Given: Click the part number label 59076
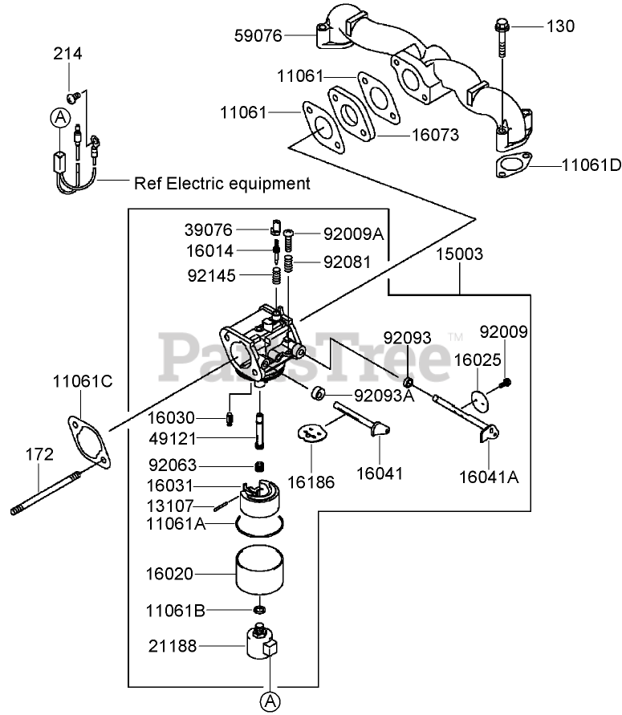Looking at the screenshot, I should pos(258,35).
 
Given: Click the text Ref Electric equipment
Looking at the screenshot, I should pos(222,183).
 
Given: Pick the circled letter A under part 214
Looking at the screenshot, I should pos(59,118).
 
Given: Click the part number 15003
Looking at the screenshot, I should pos(460,254).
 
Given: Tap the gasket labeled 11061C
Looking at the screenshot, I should pos(84,438).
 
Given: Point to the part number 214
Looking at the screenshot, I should pos(68,54).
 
